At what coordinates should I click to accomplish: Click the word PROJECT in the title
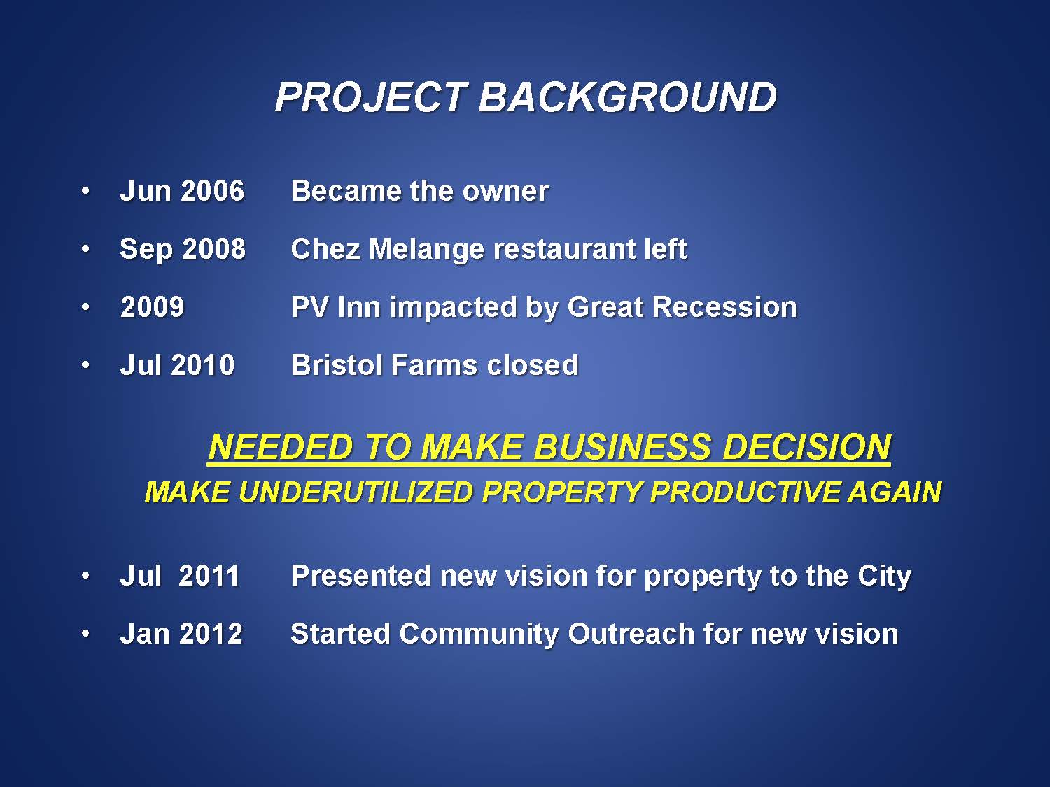pos(370,97)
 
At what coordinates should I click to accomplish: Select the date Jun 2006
pos(182,191)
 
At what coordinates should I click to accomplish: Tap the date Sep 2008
pos(182,250)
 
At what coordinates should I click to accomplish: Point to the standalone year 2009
pos(152,307)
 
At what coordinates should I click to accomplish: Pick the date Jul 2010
pos(177,365)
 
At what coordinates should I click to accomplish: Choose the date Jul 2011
pos(179,575)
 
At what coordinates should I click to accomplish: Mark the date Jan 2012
pos(181,634)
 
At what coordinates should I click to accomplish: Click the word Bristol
pos(337,365)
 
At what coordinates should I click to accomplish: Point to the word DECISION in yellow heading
pos(806,447)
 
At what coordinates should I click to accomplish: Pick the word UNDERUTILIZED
pos(356,492)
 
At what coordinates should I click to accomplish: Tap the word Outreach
pos(631,634)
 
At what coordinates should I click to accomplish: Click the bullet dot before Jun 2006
pos(85,192)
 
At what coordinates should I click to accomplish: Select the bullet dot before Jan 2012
pos(85,634)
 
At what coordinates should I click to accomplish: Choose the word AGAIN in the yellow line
pos(894,492)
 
